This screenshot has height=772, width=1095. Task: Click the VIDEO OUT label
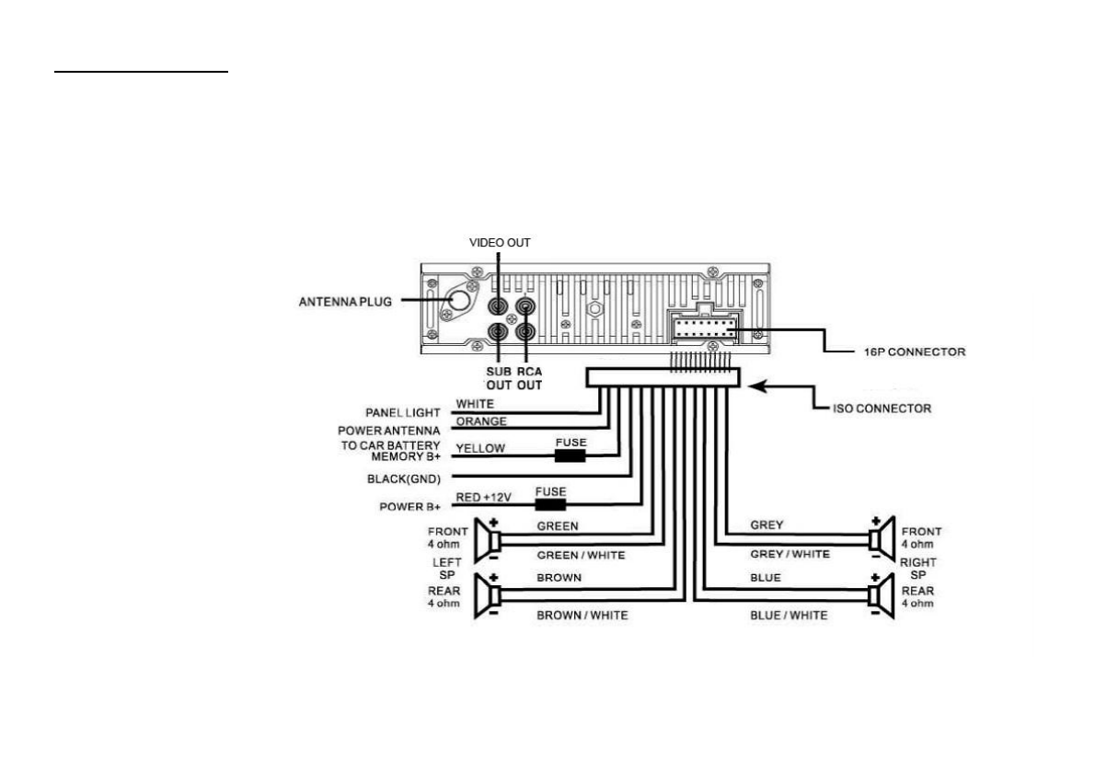point(500,243)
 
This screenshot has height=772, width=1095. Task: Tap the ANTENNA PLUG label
point(345,302)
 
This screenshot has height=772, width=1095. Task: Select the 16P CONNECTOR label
point(915,352)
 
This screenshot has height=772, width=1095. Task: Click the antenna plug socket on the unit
point(456,300)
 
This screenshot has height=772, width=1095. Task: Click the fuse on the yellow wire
point(571,455)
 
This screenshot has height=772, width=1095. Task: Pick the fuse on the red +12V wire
point(550,504)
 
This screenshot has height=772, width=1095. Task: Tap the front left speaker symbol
point(484,540)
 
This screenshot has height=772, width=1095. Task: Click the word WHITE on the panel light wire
point(475,404)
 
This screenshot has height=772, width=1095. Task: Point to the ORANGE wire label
point(481,421)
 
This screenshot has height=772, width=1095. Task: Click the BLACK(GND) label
point(404,478)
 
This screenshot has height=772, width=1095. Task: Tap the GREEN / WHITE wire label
point(581,555)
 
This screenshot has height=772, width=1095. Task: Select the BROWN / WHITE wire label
point(582,616)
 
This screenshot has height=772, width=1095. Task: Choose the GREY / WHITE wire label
point(790,554)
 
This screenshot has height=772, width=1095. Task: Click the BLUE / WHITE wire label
point(789,616)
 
